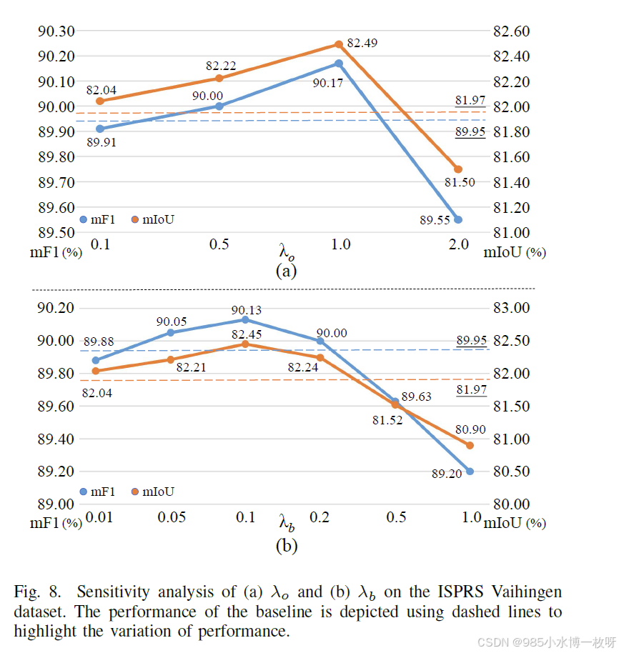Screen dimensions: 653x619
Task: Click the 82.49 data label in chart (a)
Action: (x=362, y=43)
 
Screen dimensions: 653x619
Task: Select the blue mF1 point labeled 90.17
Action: (x=339, y=64)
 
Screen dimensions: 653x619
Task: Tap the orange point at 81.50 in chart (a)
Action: (x=458, y=169)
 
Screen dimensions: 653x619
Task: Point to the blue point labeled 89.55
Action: (x=458, y=219)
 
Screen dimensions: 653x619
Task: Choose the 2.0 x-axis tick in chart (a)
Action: (x=458, y=244)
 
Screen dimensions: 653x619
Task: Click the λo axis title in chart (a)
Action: (x=287, y=251)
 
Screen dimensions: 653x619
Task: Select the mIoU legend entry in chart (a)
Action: (x=152, y=219)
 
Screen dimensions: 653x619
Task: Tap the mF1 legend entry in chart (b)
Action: (x=99, y=492)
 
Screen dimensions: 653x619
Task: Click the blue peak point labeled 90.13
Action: (x=245, y=319)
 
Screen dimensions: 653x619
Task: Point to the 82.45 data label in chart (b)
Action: (x=245, y=333)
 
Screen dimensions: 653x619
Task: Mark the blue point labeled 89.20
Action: (x=470, y=471)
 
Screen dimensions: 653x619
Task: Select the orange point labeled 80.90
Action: (x=470, y=445)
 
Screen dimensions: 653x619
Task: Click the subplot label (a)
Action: (x=286, y=271)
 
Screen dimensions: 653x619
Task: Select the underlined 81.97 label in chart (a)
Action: (x=470, y=100)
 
